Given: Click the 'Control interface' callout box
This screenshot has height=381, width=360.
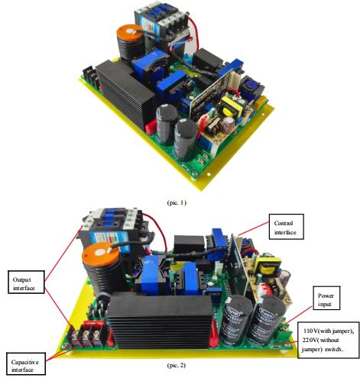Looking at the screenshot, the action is click(x=287, y=227).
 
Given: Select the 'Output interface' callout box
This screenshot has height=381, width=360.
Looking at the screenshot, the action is click(x=26, y=282).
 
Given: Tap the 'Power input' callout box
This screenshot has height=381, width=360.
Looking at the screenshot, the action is click(x=326, y=298).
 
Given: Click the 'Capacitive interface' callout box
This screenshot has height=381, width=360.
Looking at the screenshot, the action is click(x=26, y=363).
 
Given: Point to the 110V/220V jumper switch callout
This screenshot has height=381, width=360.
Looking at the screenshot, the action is click(x=329, y=340).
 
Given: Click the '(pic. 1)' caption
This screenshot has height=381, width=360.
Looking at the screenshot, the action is click(x=177, y=202).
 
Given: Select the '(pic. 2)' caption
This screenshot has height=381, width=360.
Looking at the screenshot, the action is click(x=177, y=365).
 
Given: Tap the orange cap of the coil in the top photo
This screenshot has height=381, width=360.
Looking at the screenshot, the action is click(x=130, y=32).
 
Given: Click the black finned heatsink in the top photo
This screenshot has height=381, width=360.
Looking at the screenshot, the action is click(x=125, y=93).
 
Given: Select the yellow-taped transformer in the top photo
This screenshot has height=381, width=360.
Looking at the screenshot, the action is click(x=232, y=107).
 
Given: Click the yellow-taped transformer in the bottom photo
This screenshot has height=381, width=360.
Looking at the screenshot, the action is click(x=269, y=266).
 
